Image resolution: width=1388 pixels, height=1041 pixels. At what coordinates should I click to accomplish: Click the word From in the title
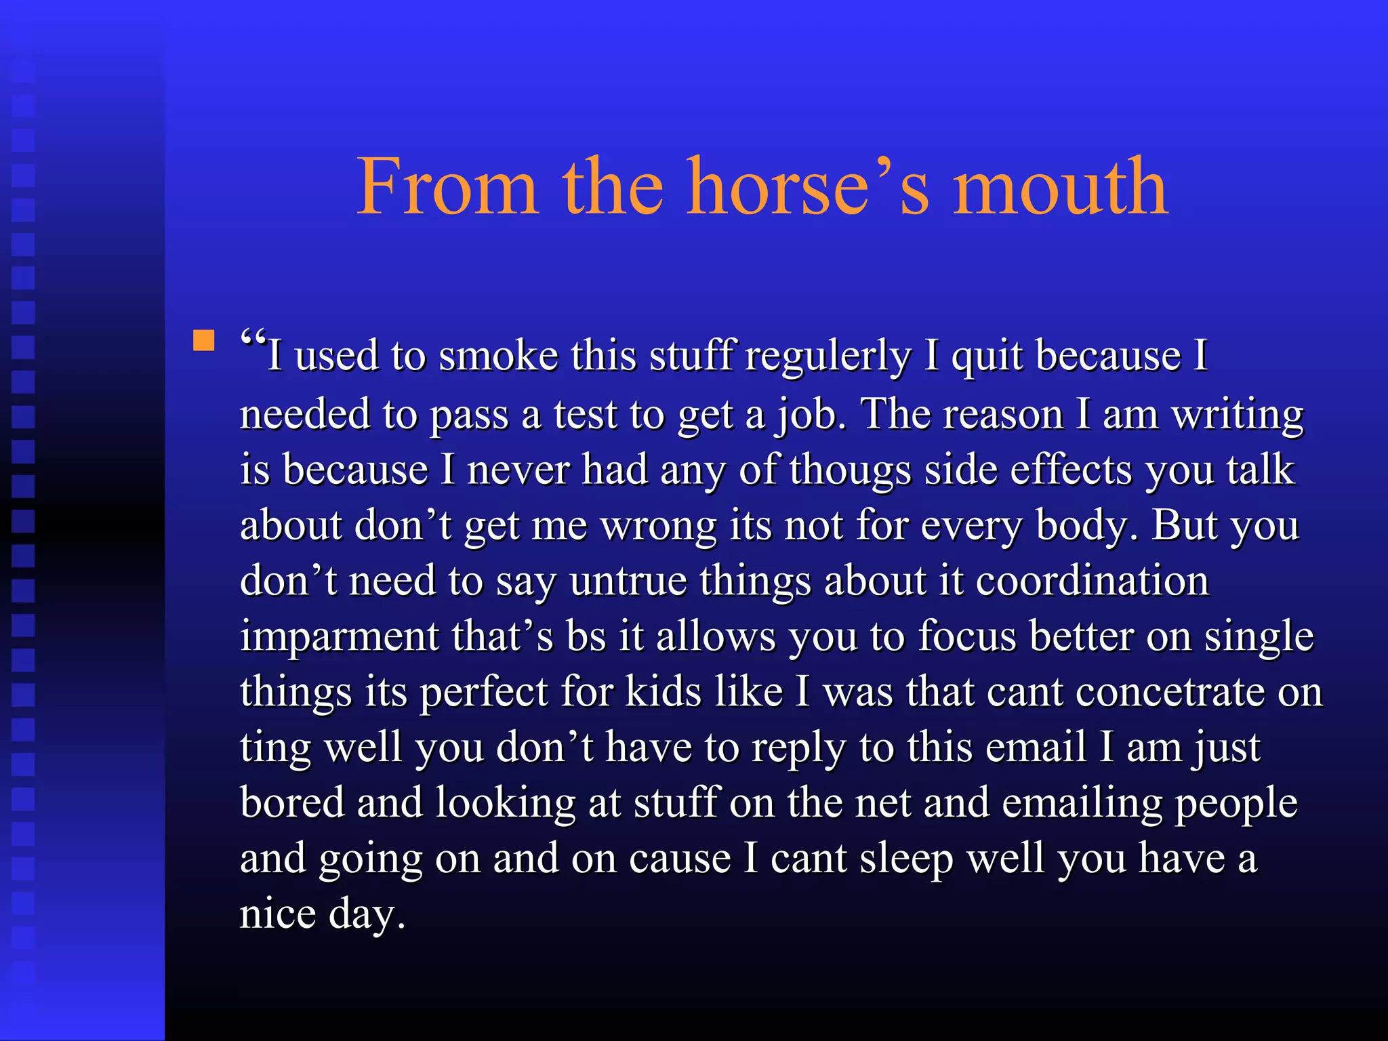pyautogui.click(x=447, y=186)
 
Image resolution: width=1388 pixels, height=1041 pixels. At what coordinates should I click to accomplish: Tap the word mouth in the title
pyautogui.click(x=1061, y=186)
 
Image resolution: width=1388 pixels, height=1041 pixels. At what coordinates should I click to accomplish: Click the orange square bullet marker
pyautogui.click(x=203, y=340)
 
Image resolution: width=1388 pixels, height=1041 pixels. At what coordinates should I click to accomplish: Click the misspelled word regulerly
pyautogui.click(x=828, y=356)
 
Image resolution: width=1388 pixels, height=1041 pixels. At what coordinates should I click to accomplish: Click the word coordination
pyautogui.click(x=1092, y=581)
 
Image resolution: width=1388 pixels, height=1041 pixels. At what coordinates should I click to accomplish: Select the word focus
pyautogui.click(x=967, y=637)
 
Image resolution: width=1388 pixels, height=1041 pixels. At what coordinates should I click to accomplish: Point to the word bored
pyautogui.click(x=292, y=803)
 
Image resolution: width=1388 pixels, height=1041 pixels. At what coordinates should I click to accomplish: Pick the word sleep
pyautogui.click(x=906, y=859)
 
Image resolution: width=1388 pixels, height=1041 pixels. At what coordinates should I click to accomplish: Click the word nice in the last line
pyautogui.click(x=278, y=914)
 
